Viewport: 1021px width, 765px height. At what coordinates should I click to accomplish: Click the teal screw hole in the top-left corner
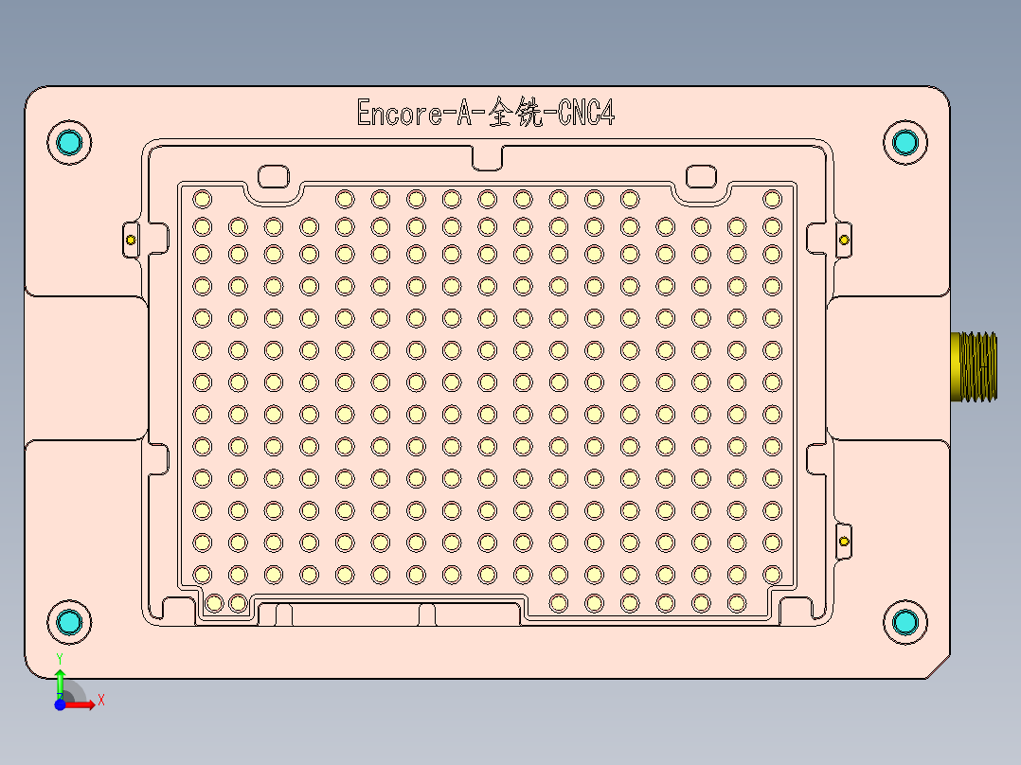click(x=69, y=142)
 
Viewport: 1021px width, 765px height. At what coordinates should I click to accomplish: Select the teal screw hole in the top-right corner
click(x=905, y=142)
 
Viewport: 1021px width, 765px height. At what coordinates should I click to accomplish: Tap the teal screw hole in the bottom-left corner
click(x=69, y=622)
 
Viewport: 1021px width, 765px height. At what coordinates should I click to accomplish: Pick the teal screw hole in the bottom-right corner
click(x=905, y=622)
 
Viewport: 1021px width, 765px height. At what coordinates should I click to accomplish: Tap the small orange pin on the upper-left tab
click(x=131, y=240)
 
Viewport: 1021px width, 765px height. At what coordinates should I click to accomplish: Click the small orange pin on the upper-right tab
click(x=844, y=240)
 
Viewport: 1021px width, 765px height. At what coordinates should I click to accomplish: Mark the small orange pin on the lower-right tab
click(x=844, y=542)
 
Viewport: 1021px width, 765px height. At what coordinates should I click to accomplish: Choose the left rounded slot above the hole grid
click(x=274, y=176)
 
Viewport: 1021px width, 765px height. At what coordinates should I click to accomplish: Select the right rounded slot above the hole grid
click(x=701, y=176)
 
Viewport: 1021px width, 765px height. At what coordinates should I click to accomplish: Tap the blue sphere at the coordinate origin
click(x=60, y=704)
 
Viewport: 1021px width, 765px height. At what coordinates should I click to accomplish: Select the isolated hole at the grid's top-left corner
click(x=202, y=199)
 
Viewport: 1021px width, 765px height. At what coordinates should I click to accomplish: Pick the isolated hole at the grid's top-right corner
click(x=772, y=199)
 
